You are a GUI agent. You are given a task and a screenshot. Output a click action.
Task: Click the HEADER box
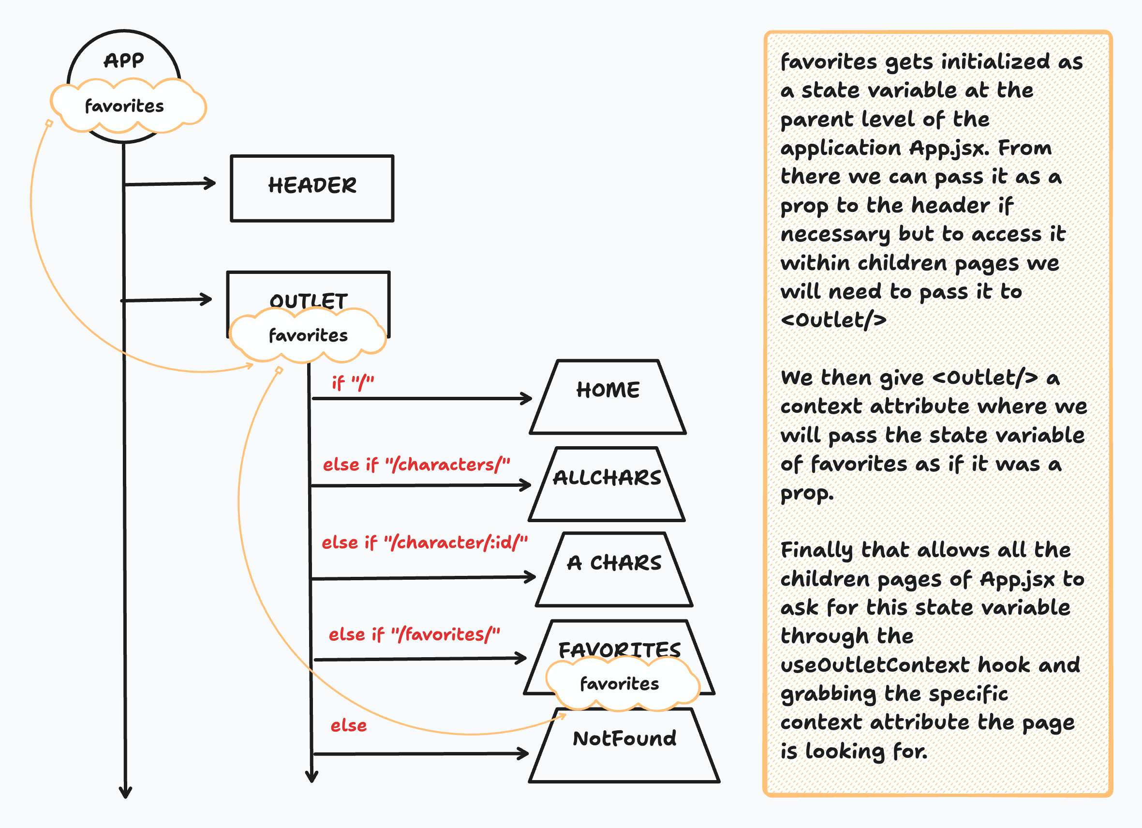(311, 188)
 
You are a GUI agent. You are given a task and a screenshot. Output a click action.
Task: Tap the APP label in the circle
(124, 60)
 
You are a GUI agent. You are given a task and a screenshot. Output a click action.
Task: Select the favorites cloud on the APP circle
(126, 106)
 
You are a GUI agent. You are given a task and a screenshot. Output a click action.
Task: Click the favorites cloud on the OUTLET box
(308, 335)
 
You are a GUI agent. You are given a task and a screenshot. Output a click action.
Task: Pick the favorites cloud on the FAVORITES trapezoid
(621, 684)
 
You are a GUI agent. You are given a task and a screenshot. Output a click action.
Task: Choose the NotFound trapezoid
(624, 746)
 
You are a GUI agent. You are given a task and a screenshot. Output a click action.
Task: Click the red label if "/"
(353, 383)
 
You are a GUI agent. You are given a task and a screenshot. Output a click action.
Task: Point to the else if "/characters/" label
(416, 465)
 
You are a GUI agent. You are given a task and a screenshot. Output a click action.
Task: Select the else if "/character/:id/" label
(425, 542)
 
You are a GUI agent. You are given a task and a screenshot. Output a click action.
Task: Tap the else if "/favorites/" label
(415, 634)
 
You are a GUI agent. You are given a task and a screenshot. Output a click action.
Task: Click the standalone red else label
(348, 726)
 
